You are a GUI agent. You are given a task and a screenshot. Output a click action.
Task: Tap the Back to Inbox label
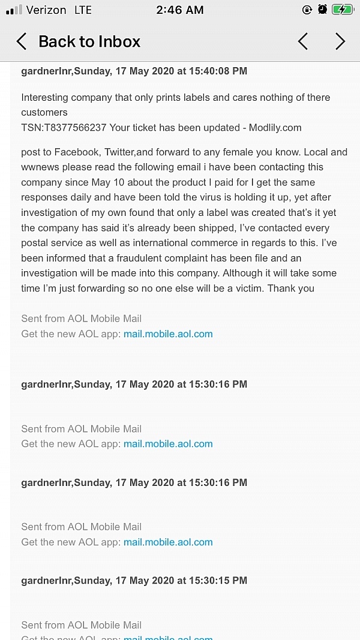coord(89,41)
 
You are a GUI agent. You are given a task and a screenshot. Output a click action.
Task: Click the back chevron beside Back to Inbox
coord(22,41)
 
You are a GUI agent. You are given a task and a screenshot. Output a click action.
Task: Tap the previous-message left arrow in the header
coord(303,41)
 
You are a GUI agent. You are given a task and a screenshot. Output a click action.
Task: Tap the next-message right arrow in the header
coord(340,41)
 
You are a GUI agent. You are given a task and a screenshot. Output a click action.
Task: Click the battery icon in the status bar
coord(343,10)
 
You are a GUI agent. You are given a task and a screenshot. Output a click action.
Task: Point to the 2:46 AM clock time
coord(179,10)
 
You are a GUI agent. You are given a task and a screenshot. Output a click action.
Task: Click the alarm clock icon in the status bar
coord(322,10)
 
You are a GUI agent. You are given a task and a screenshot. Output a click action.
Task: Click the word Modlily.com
coord(274,128)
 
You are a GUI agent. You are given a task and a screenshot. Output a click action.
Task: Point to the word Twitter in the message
coord(120,152)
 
